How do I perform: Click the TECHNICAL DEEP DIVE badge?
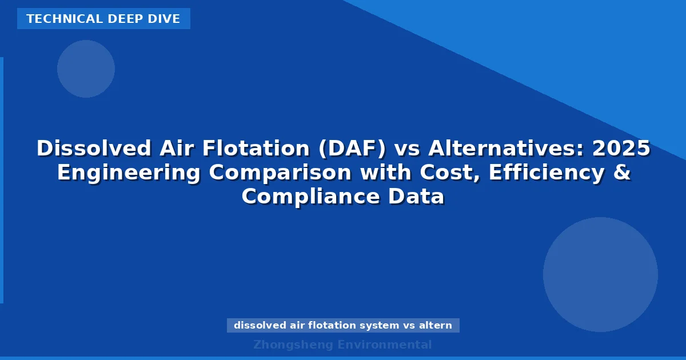103,19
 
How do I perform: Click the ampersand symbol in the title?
623,173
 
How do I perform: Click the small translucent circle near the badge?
86,69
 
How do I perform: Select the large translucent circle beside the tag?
600,274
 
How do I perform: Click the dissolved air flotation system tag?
343,326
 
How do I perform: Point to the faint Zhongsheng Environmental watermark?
343,345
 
